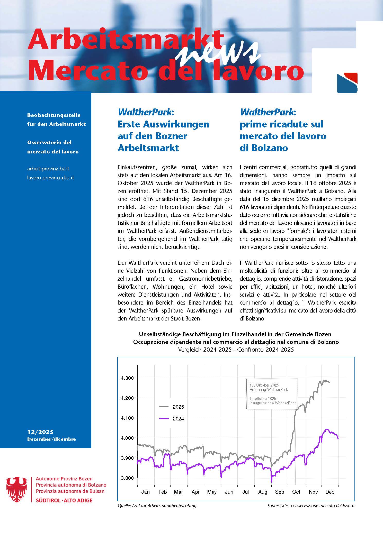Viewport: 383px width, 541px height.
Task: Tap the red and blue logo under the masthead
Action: coord(347,83)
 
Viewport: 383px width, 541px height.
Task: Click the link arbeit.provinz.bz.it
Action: coord(48,169)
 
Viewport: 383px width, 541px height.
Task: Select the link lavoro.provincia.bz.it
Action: coord(50,178)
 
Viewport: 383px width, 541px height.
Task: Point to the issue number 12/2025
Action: coord(40,432)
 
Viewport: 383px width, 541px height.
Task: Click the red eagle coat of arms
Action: coord(17,489)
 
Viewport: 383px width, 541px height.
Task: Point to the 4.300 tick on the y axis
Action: coord(127,378)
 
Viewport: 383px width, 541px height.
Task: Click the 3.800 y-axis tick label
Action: coord(127,478)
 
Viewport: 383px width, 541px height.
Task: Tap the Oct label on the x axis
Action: coord(296,492)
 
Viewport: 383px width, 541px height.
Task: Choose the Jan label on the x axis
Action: coord(145,492)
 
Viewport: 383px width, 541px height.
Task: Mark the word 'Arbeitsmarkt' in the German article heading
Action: coord(148,148)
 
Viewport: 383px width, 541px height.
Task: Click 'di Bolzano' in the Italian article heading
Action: coord(264,148)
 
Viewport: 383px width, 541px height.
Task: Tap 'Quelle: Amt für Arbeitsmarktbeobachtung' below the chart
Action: coord(157,506)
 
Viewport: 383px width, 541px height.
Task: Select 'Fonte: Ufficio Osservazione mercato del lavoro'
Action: coord(311,506)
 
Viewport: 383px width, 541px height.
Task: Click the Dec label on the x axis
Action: coord(330,492)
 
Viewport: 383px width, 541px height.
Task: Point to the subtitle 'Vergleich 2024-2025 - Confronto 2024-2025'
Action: coord(236,350)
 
